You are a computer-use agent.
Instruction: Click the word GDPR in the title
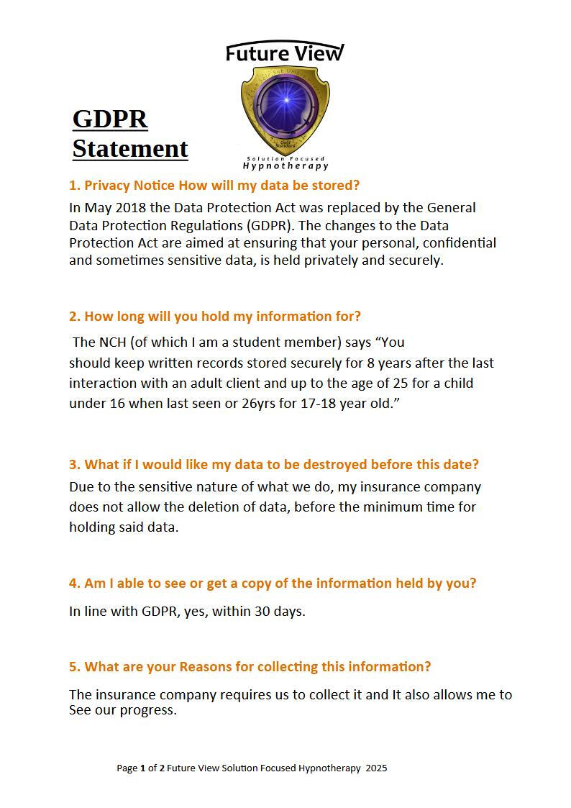(110, 119)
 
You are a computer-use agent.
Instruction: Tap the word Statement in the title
(130, 148)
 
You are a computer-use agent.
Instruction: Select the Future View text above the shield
(285, 53)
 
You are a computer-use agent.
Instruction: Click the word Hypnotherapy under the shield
(285, 166)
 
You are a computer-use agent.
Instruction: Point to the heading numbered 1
(214, 185)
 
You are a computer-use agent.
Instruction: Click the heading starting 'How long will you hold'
(222, 316)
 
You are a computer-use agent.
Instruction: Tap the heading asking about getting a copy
(273, 583)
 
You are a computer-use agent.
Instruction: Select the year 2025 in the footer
(376, 768)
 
